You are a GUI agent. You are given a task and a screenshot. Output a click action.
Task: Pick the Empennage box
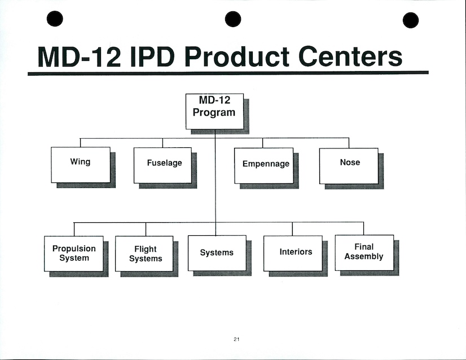(264, 165)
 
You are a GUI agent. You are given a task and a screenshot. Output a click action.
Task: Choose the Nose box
(349, 165)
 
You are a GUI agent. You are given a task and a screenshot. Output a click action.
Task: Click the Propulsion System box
(74, 253)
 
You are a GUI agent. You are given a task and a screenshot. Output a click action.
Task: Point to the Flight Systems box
(144, 253)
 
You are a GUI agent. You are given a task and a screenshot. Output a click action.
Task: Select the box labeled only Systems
(217, 253)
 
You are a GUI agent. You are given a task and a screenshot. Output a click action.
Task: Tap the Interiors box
(293, 253)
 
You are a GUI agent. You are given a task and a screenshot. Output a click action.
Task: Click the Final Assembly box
(364, 252)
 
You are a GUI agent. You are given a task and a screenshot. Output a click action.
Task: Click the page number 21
(236, 339)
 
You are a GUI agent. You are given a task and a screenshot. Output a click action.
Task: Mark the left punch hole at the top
(55, 19)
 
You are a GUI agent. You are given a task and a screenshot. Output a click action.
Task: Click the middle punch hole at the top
(233, 19)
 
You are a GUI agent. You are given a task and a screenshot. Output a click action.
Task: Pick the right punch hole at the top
(411, 20)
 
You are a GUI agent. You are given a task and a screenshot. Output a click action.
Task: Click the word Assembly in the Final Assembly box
(364, 257)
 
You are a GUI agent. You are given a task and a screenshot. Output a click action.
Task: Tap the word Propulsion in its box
(74, 249)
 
